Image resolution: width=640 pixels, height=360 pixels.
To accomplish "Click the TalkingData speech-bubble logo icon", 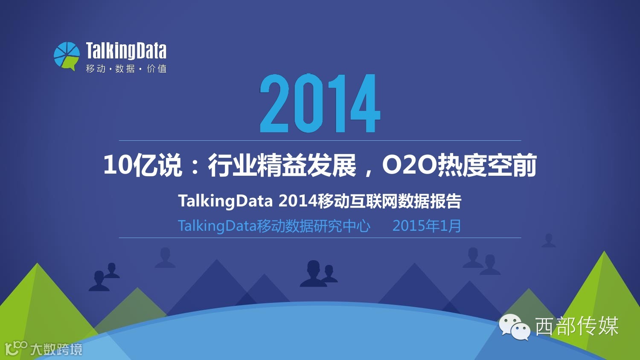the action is (67, 56).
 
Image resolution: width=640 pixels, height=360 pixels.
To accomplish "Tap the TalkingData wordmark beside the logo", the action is (126, 51).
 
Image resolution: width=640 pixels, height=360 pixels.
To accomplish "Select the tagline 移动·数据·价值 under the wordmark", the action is (126, 69).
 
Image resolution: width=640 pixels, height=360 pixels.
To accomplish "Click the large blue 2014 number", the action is (320, 103).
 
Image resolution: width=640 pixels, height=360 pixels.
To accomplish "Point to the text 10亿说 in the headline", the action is (143, 165).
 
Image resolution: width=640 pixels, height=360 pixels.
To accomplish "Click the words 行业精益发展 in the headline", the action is (282, 165).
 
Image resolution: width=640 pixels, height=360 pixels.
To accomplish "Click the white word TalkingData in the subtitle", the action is (225, 201).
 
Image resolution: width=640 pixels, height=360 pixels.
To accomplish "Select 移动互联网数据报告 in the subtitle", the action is (390, 201).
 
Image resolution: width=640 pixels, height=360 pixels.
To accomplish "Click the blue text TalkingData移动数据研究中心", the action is (274, 226).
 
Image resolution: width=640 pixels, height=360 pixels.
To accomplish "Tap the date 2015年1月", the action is (427, 226).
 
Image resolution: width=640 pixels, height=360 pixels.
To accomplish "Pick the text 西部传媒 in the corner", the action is (577, 326).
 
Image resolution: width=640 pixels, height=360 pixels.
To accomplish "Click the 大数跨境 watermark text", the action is (56, 349).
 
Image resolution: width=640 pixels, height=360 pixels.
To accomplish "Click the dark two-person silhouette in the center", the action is (318, 274).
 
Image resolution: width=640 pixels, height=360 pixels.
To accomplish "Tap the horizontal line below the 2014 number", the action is (320, 141).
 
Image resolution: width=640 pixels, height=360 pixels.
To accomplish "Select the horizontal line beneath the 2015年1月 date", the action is (320, 238).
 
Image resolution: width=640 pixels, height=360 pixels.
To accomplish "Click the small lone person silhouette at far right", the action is (549, 241).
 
